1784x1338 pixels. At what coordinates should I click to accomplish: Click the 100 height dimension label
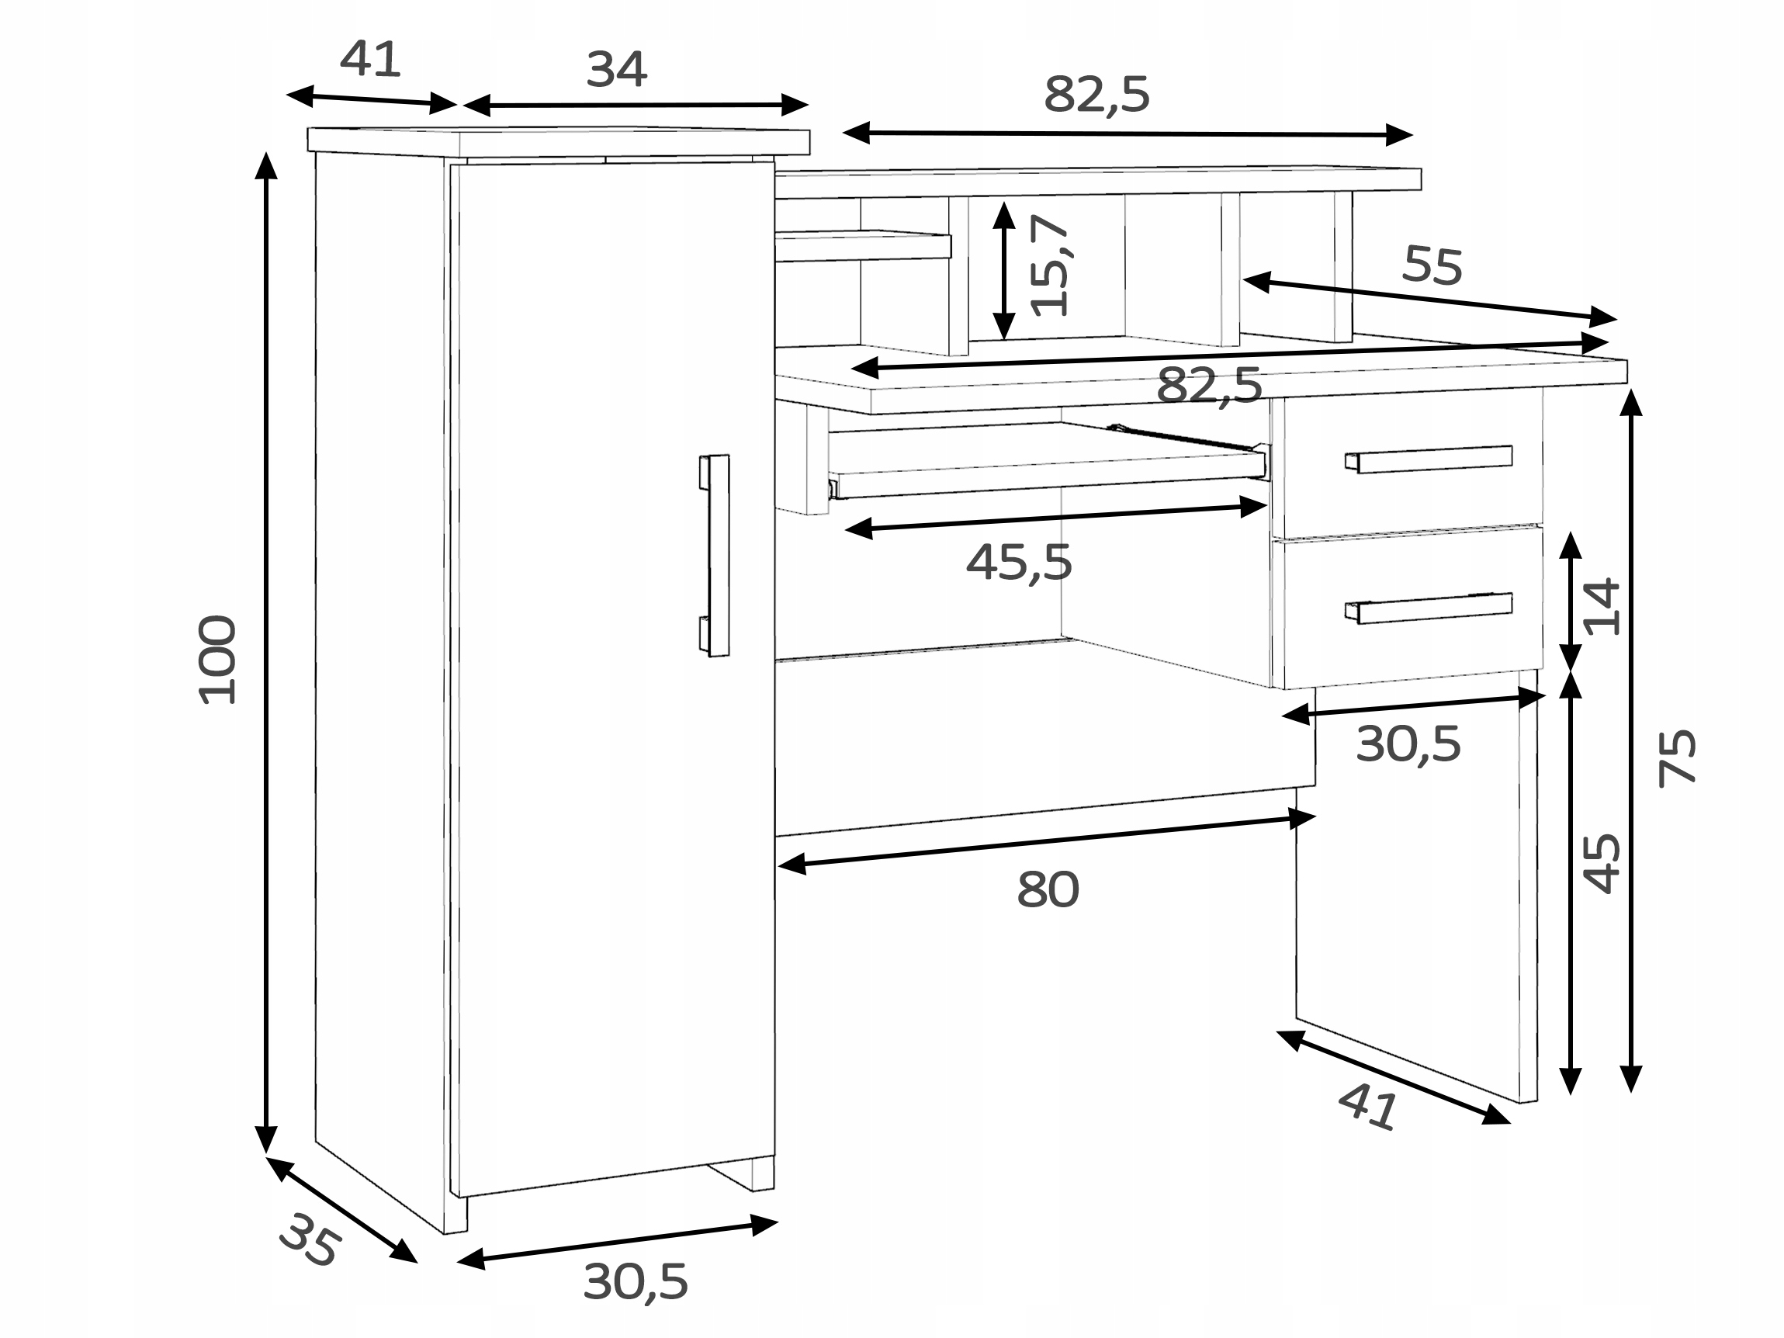coord(218,660)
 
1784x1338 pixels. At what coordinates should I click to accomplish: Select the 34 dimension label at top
coord(616,69)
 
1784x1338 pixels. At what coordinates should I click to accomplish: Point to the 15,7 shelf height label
coord(1050,265)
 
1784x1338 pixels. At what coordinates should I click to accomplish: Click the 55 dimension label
coord(1432,265)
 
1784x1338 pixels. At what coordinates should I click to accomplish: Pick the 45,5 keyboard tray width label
coord(1019,562)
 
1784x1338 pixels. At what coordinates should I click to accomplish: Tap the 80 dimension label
coord(1048,889)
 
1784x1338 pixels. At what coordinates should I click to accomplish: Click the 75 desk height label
coord(1678,758)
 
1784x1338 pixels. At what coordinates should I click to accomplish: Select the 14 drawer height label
coord(1602,606)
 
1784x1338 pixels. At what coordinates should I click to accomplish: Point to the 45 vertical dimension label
coord(1602,864)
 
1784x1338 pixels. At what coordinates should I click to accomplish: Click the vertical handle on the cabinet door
coord(714,556)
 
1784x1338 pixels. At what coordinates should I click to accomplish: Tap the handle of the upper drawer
coord(1429,459)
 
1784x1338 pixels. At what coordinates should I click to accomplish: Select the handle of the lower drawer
coord(1429,608)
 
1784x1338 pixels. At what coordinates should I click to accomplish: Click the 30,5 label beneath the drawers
coord(1408,744)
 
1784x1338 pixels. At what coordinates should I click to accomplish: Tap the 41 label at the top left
coord(370,59)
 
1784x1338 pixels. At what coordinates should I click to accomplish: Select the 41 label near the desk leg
coord(1368,1106)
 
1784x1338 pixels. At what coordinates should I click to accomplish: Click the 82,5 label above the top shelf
coord(1096,95)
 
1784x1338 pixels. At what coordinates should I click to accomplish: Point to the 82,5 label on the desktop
coord(1209,386)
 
